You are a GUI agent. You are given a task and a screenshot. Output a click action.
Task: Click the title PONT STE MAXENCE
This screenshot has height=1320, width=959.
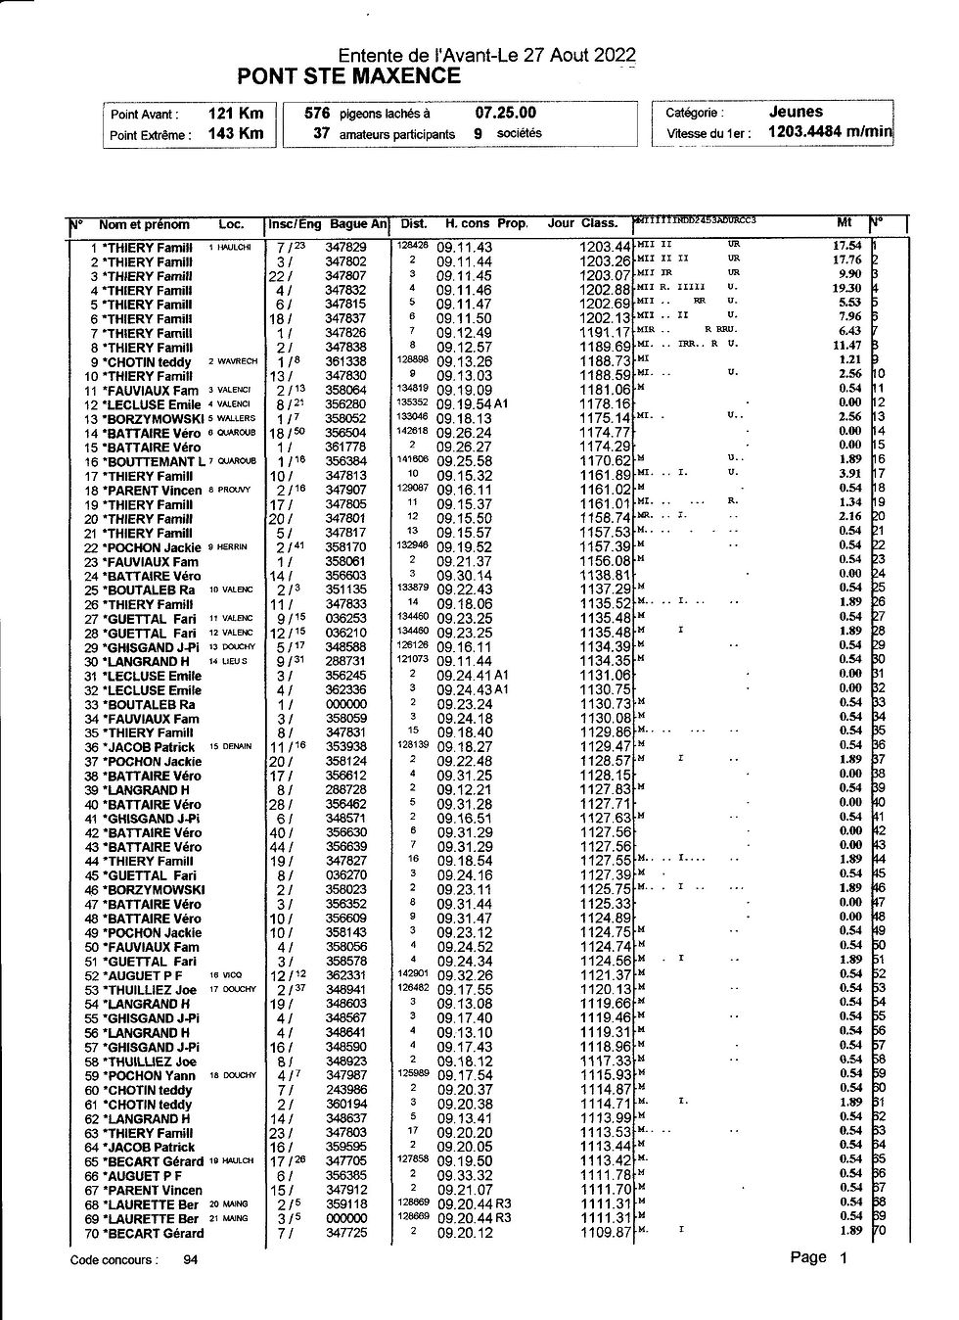point(348,76)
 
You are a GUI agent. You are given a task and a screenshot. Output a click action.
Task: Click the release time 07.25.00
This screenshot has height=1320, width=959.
point(506,114)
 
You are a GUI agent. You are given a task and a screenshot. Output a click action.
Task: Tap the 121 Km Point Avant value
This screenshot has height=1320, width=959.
point(236,114)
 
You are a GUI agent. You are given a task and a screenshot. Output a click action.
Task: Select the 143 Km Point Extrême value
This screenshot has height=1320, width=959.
point(236,133)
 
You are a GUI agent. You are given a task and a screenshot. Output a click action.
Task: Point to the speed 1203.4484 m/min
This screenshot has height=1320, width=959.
point(830,131)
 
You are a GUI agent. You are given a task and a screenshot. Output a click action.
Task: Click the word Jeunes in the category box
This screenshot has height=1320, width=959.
point(796,112)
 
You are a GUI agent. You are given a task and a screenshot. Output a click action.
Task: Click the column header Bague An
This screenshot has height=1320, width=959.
point(358,224)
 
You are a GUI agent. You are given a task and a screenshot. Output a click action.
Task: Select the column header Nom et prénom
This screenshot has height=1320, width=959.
point(144,224)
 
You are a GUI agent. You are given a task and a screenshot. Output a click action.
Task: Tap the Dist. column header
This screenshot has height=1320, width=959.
point(414,224)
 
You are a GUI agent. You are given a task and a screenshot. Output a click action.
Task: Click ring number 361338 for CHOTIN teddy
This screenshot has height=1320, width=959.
point(345,361)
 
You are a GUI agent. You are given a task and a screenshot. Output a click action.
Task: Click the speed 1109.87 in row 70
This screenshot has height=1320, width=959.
point(605,1233)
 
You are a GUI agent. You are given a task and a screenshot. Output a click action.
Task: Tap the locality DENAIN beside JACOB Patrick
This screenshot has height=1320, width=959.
point(236,746)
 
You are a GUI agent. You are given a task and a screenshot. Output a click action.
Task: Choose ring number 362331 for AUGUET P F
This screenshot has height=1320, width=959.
point(345,975)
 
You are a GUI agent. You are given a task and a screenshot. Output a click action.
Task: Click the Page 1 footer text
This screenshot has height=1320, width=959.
point(819,1258)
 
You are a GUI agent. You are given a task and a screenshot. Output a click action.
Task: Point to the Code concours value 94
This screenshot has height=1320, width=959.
point(191,1260)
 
